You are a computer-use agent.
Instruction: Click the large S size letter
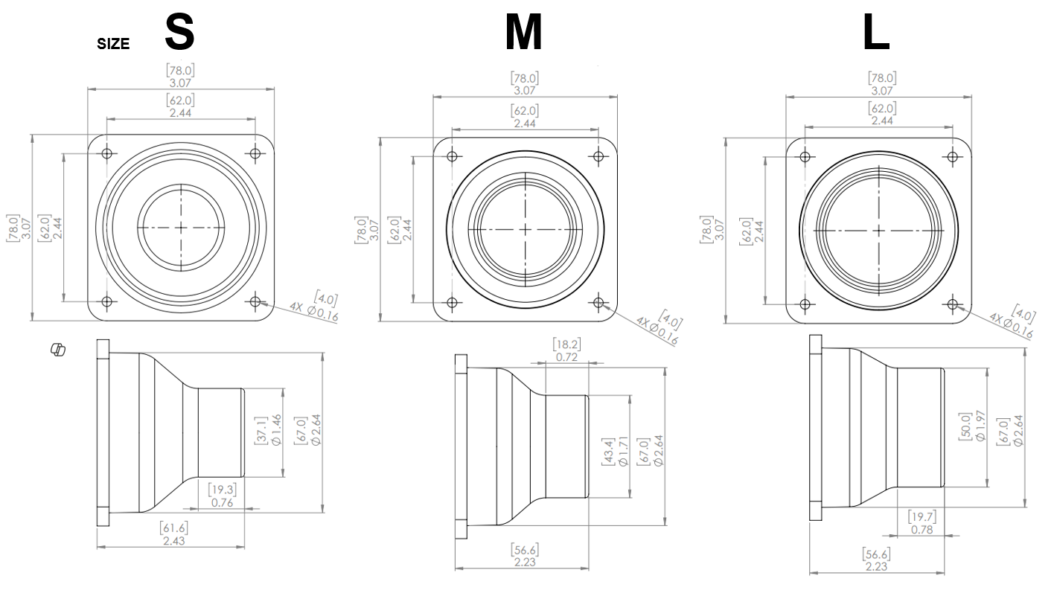[179, 31]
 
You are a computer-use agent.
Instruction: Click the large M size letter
[523, 33]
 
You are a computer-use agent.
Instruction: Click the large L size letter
[876, 33]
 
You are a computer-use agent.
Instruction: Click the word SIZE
[113, 44]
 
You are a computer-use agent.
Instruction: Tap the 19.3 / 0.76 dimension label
[223, 496]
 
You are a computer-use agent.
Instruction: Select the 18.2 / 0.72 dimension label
[567, 350]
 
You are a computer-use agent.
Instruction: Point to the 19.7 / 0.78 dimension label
[922, 523]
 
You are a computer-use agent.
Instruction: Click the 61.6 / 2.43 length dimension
[174, 534]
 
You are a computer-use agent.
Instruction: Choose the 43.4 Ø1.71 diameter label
[615, 452]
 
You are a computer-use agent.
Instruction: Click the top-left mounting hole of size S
[107, 154]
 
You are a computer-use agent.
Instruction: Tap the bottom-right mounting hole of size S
[255, 301]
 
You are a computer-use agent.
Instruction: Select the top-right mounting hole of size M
[598, 157]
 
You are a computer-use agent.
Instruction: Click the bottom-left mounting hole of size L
[805, 304]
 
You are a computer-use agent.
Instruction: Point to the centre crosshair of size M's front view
[525, 229]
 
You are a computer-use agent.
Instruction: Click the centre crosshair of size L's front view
[878, 231]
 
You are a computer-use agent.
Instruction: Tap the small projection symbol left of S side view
[57, 348]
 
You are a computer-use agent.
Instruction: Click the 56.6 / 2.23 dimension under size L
[876, 560]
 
